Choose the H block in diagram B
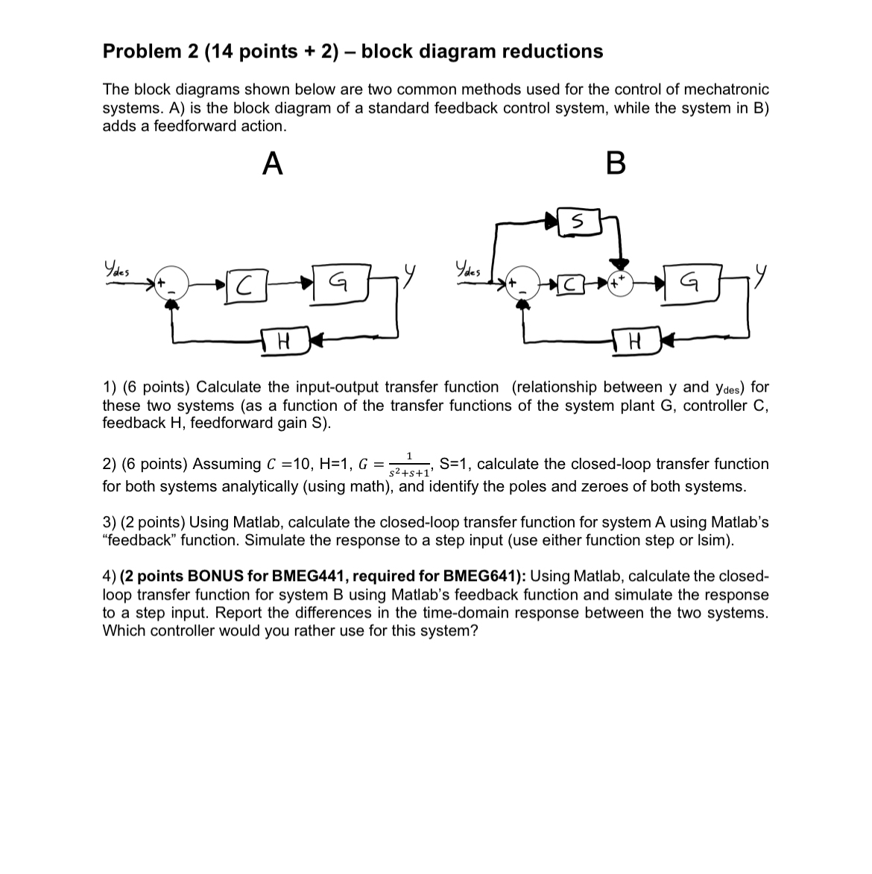coord(635,342)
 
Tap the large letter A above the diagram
coord(273,163)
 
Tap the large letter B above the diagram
coord(616,163)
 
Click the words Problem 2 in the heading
coord(142,51)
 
